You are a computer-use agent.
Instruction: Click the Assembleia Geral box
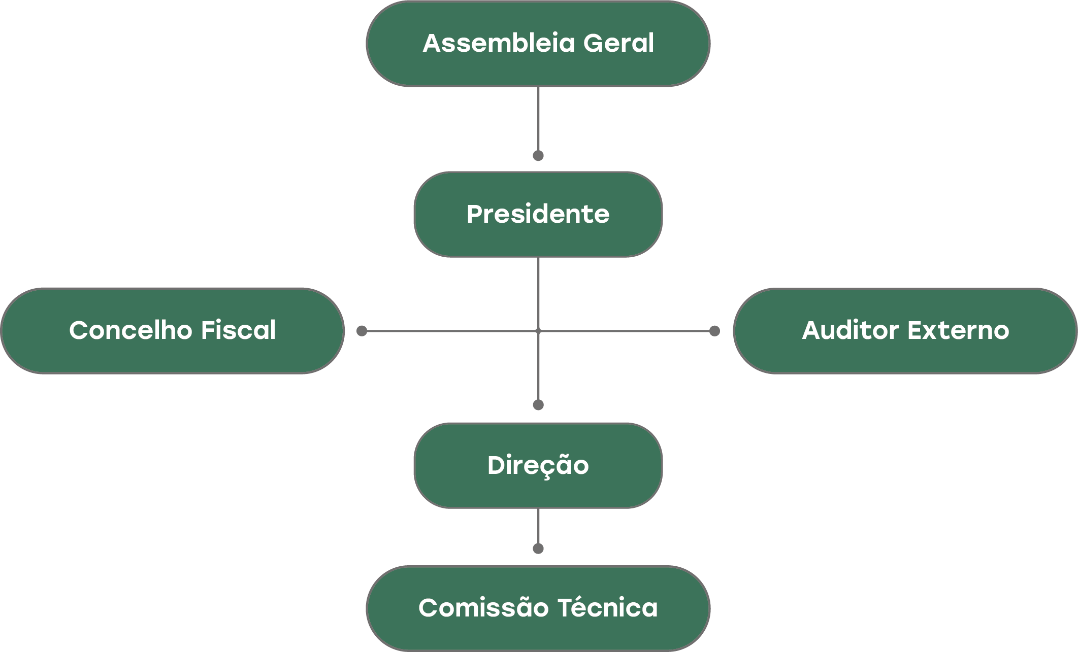tap(538, 44)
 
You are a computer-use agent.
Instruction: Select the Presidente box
tap(538, 214)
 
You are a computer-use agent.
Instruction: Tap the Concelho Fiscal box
tap(173, 331)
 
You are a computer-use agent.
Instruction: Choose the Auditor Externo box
tap(905, 331)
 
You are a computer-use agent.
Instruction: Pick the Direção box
tap(538, 465)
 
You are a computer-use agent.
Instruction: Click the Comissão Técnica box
tap(538, 608)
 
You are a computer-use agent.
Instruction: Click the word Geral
tap(618, 44)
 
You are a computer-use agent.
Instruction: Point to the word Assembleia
tap(499, 44)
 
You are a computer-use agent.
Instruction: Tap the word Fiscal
tap(238, 331)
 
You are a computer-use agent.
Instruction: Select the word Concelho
tap(131, 331)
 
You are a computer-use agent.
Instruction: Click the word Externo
tap(958, 331)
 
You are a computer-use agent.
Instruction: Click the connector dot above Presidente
tap(538, 155)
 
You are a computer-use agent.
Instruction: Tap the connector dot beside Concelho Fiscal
tap(362, 331)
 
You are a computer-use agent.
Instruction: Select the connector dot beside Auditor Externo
tap(714, 331)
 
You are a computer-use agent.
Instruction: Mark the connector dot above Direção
tap(538, 404)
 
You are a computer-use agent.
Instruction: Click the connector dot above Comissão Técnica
tap(538, 548)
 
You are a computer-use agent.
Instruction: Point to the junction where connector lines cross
tap(538, 331)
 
